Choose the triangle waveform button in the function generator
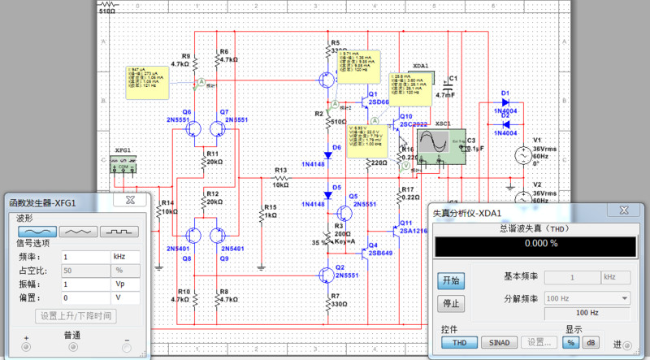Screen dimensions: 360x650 click(x=76, y=231)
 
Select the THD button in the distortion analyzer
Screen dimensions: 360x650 click(x=459, y=342)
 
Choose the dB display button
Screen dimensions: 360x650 click(x=591, y=342)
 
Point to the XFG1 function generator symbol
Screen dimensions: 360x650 click(x=123, y=165)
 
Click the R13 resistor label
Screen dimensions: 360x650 click(x=281, y=171)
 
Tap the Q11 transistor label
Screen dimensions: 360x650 click(x=406, y=222)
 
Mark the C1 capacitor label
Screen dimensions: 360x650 click(x=453, y=78)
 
